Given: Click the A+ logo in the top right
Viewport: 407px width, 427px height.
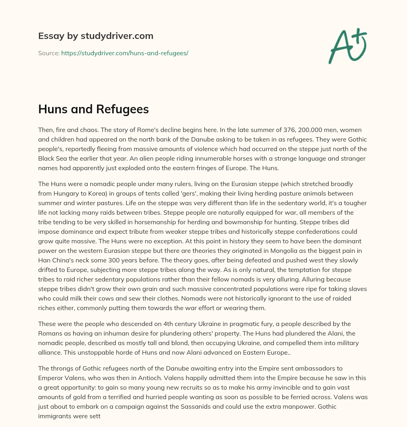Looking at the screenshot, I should click(347, 46).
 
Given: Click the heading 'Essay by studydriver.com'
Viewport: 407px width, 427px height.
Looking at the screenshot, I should click(96, 36).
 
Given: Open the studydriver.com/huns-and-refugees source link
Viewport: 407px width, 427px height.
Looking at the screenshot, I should click(124, 53).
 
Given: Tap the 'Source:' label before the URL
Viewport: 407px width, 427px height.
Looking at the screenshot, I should click(48, 53).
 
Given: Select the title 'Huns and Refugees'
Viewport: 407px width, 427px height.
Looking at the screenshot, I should click(93, 109).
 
